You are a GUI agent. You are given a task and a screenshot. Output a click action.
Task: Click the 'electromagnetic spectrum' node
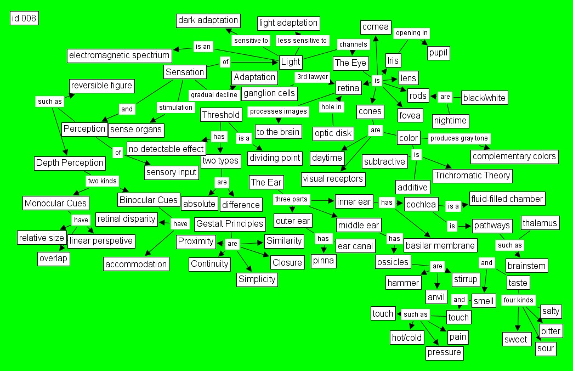click(120, 55)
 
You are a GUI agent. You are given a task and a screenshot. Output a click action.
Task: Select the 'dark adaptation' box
click(208, 20)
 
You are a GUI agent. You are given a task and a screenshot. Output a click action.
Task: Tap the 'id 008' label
click(24, 19)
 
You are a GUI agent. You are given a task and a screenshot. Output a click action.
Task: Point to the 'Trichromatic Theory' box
click(472, 176)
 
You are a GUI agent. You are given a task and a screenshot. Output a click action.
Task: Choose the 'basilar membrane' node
click(440, 245)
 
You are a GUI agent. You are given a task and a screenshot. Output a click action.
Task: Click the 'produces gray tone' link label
click(459, 138)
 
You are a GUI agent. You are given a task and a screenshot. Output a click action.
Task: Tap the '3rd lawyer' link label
click(312, 77)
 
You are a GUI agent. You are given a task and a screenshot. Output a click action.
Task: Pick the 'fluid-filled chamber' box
click(507, 199)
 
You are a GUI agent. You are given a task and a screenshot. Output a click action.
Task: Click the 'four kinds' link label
click(518, 300)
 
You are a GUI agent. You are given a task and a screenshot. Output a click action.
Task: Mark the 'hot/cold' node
click(406, 338)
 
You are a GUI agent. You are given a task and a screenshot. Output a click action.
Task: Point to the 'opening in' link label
click(411, 33)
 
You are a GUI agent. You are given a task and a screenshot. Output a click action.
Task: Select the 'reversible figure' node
click(101, 86)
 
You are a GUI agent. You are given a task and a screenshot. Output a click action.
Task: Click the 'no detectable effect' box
click(167, 149)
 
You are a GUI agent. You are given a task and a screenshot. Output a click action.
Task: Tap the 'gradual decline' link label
click(214, 94)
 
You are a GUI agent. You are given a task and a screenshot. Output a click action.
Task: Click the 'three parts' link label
click(291, 199)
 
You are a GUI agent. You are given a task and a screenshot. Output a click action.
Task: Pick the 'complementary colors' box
click(514, 156)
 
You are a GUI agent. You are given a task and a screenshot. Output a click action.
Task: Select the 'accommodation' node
click(136, 264)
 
